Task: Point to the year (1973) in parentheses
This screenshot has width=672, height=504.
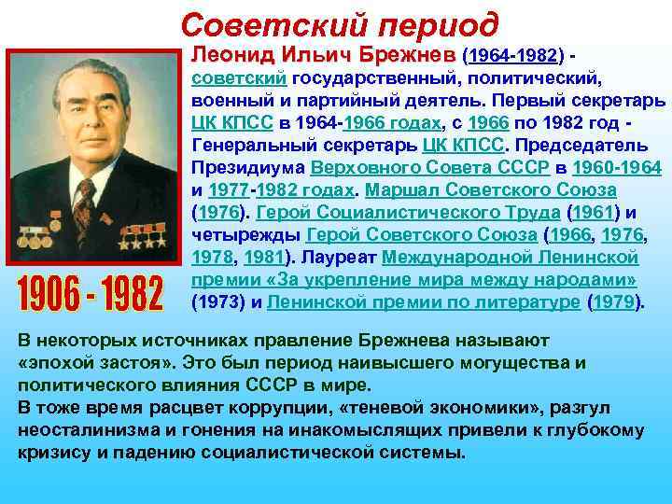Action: (219, 302)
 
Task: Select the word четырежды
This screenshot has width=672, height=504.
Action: (245, 235)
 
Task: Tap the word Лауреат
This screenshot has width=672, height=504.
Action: (329, 258)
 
